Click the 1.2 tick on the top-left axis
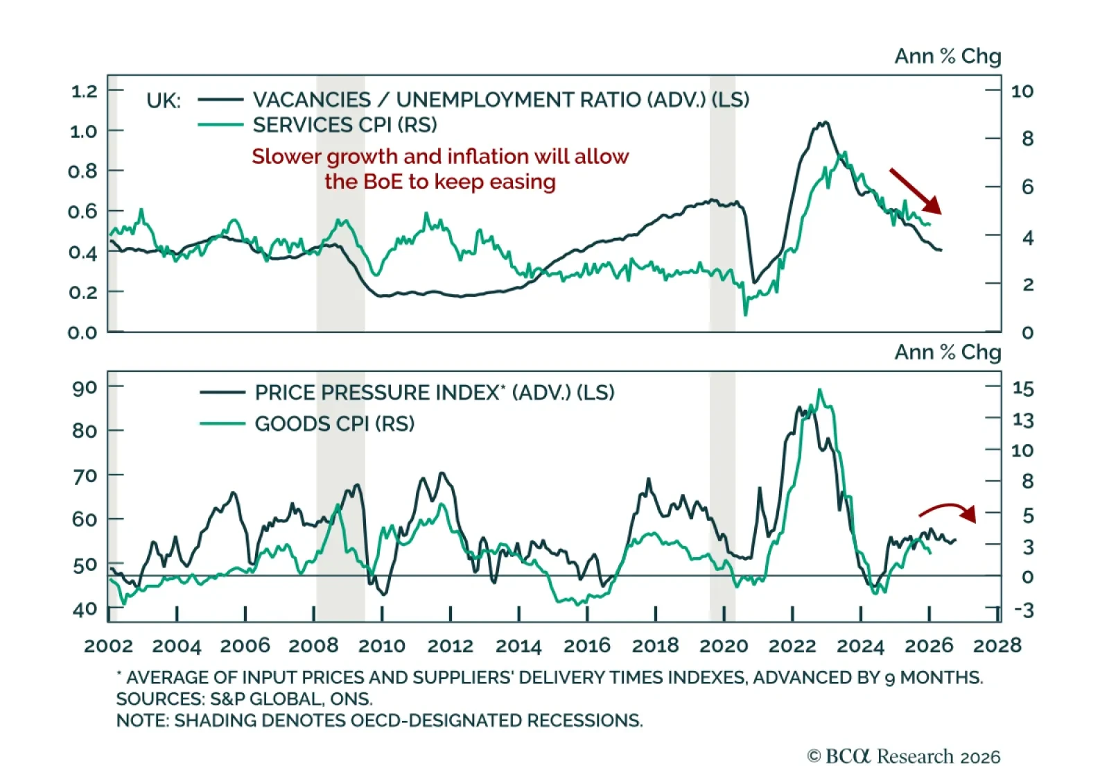point(84,91)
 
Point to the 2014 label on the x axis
point(518,646)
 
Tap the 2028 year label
point(997,646)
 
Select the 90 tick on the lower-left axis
point(85,387)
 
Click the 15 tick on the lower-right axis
point(1022,389)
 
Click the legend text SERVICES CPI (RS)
point(344,125)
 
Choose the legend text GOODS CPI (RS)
point(334,423)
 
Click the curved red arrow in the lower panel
point(948,511)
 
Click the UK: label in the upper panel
point(164,101)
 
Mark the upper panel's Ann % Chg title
point(948,56)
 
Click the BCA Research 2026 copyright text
point(904,756)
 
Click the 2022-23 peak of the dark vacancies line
point(823,123)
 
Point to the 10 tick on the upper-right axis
point(1022,91)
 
